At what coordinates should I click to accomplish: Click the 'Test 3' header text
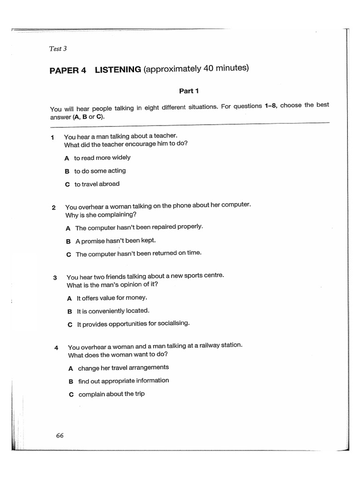[58, 48]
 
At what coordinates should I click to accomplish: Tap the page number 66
[60, 435]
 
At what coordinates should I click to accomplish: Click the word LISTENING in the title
[118, 70]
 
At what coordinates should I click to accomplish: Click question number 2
[54, 208]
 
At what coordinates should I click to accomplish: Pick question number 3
[55, 277]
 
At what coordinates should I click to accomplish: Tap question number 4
[56, 348]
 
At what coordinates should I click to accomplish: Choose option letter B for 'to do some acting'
[67, 172]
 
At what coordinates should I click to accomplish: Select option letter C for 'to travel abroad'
[67, 185]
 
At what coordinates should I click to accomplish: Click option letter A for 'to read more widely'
[67, 158]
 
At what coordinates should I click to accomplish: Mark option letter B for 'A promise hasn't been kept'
[68, 241]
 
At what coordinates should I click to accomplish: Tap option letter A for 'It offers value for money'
[69, 298]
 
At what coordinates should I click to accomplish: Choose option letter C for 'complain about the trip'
[71, 395]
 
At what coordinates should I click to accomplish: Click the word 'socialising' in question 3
[173, 323]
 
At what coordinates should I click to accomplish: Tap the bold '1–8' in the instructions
[270, 106]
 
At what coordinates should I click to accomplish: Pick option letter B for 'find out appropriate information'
[71, 382]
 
